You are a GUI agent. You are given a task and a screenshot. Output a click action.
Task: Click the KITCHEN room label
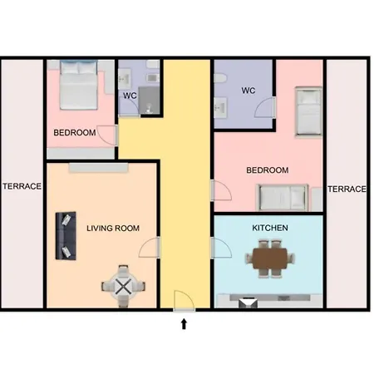tap(270, 228)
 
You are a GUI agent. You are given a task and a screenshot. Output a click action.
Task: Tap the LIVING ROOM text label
tap(113, 229)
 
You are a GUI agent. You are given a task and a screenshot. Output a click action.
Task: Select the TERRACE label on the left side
tap(22, 186)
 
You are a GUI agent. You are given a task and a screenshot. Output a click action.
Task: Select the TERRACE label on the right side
tap(347, 189)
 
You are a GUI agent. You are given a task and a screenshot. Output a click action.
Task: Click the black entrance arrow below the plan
tap(184, 323)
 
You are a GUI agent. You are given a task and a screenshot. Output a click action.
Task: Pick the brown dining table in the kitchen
tap(269, 258)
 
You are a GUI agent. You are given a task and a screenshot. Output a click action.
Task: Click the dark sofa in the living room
tap(66, 236)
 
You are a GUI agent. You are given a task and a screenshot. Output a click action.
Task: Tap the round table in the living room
tap(123, 287)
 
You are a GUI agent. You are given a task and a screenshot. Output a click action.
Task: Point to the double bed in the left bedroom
tap(79, 85)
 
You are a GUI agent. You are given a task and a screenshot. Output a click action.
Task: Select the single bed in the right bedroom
tap(308, 111)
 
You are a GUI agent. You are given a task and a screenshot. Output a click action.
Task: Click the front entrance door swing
tap(185, 301)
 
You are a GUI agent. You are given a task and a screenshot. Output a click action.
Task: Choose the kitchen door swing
tap(221, 248)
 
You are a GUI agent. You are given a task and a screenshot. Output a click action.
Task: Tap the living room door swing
tap(149, 248)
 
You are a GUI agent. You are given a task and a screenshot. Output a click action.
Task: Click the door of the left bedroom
tap(107, 135)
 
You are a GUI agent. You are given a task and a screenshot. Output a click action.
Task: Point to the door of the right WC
tap(265, 107)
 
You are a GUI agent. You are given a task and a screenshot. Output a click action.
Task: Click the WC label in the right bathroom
tap(248, 91)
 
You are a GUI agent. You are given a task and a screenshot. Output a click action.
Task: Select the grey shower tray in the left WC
tap(149, 101)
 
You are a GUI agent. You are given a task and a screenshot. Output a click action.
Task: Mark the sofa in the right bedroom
tap(283, 197)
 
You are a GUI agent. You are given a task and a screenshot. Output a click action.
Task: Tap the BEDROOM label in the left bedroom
tap(75, 133)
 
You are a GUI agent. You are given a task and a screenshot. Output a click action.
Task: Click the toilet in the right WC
tap(220, 78)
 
